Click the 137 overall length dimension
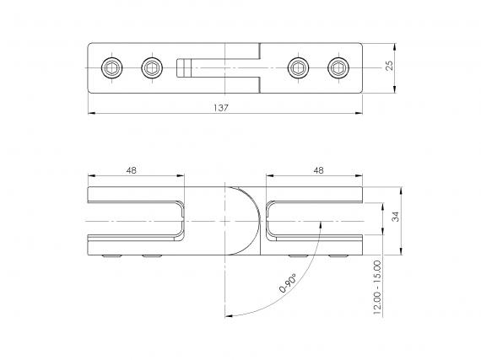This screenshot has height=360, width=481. click(221, 108)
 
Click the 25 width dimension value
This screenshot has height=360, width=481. click(389, 66)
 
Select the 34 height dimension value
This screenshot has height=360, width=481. click(396, 217)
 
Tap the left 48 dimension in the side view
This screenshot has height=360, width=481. click(132, 170)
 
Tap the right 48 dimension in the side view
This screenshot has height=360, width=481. click(319, 170)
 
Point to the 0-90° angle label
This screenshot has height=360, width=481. click(288, 283)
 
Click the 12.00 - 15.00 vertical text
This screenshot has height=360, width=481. click(377, 287)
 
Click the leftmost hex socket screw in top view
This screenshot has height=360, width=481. click(111, 67)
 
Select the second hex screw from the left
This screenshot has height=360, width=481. click(152, 67)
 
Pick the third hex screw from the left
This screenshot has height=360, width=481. click(298, 67)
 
